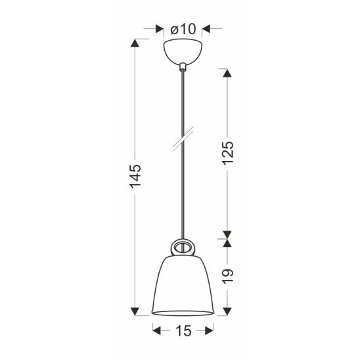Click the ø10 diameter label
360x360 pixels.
(x=183, y=29)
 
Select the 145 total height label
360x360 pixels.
(x=135, y=176)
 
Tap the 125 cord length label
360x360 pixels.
(x=228, y=152)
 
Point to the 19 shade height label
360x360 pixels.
(x=228, y=277)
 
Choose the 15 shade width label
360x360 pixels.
(x=183, y=331)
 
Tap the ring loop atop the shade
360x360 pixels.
(x=183, y=248)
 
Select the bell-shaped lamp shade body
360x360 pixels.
(x=183, y=285)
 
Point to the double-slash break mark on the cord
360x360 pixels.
(x=183, y=139)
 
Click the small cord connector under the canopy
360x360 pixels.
(x=183, y=66)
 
